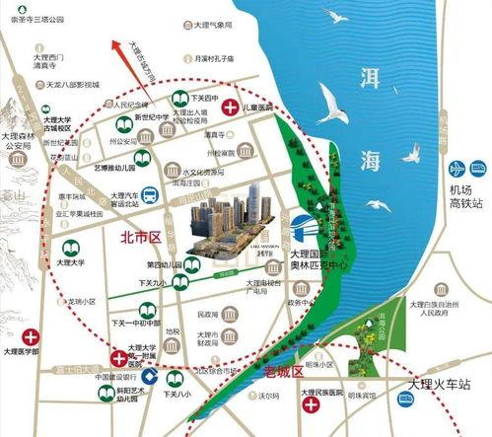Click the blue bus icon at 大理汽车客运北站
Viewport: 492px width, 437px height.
(149, 195)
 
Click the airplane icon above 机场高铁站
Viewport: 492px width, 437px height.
(457, 169)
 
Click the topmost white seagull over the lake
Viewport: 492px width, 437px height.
(338, 18)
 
